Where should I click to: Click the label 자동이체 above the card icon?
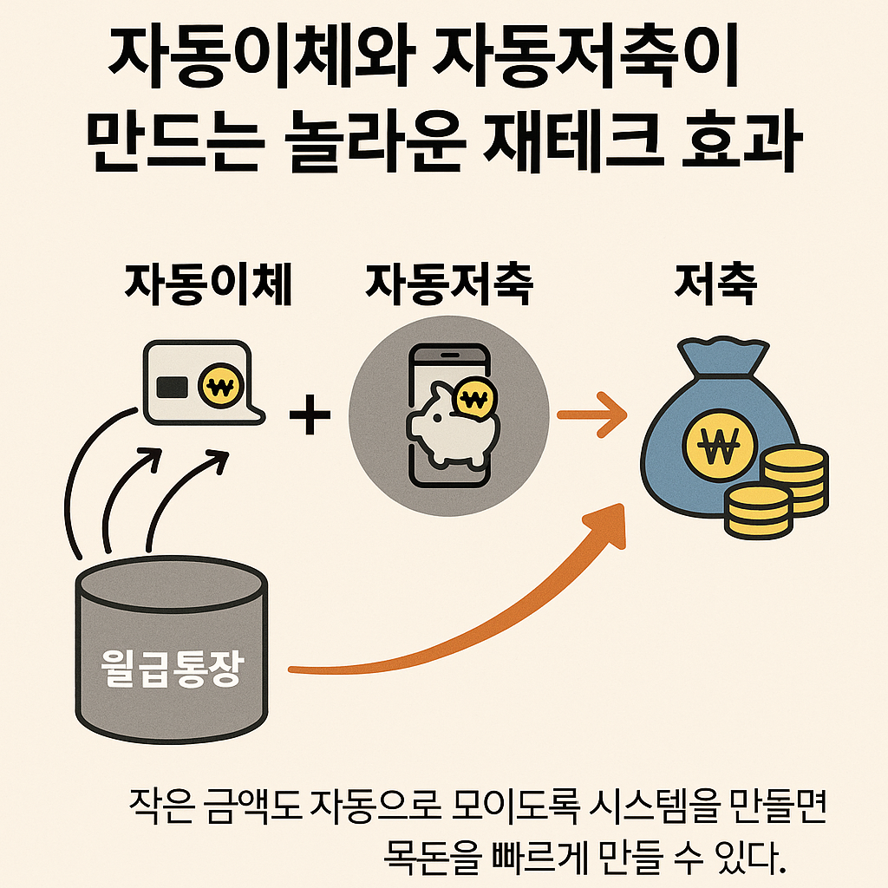coord(208,284)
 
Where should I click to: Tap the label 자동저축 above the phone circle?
coord(448,284)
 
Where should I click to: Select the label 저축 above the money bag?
coord(716,284)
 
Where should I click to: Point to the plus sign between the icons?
coord(310,415)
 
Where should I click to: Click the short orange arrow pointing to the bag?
coord(591,415)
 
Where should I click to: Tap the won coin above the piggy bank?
coord(473,400)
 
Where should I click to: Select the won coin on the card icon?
coord(219,384)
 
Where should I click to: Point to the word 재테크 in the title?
coord(578,145)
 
